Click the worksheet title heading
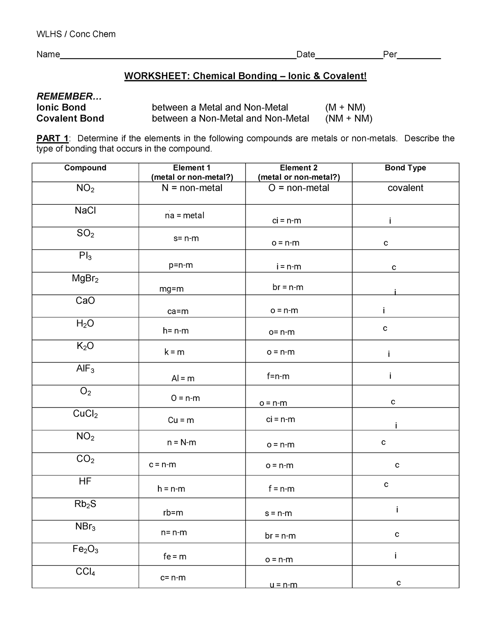point(245,76)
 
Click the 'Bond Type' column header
point(405,168)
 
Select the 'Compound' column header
point(85,168)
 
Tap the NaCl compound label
point(85,210)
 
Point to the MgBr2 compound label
point(85,279)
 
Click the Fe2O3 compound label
point(85,549)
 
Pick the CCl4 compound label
point(85,572)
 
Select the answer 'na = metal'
point(184,215)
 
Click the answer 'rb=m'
point(173,513)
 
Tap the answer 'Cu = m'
point(181,420)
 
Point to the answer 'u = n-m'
point(283,585)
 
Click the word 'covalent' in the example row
point(405,188)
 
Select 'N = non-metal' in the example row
point(192,188)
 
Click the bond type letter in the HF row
point(385,485)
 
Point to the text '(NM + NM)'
point(349,119)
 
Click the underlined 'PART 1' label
point(52,138)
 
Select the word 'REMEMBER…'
point(68,97)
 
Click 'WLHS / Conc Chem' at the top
point(76,34)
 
